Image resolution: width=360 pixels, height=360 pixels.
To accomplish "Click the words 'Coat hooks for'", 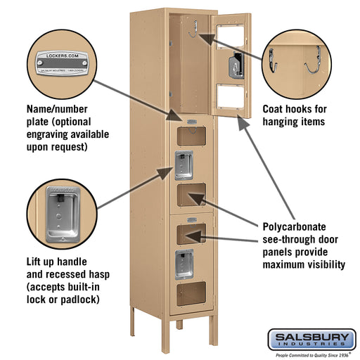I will coord(293,110).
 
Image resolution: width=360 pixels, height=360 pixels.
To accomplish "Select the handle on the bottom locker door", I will coord(184,262).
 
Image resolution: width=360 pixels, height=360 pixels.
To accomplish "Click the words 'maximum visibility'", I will coord(304,264).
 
